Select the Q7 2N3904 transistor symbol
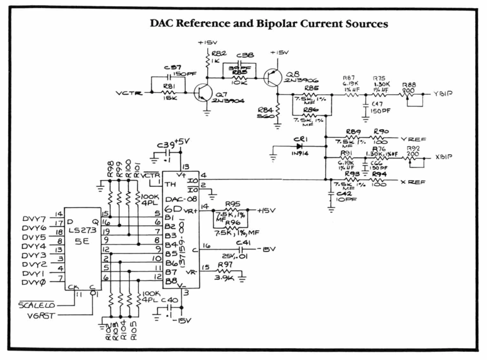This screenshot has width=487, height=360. (203, 94)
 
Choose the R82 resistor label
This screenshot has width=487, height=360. (219, 53)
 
